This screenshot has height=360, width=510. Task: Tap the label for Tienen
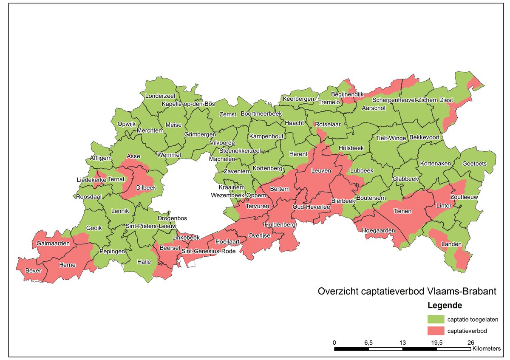[x=402, y=211]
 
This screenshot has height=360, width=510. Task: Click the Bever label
[x=34, y=270]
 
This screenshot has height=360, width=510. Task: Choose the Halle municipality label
[x=144, y=262]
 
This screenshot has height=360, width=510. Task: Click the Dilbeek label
[x=146, y=187]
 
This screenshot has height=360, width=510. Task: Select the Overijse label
[x=259, y=235]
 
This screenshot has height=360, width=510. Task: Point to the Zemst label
[x=228, y=114]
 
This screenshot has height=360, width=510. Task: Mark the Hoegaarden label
[x=378, y=230]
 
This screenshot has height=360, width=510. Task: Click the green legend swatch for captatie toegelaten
[x=435, y=319]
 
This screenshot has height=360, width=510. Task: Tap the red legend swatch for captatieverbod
[x=435, y=330]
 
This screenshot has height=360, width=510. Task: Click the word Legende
[x=445, y=306]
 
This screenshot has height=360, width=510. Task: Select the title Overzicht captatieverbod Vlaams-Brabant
[x=407, y=292]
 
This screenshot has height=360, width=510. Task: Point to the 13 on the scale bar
[x=402, y=342]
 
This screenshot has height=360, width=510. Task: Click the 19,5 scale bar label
[x=437, y=342]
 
